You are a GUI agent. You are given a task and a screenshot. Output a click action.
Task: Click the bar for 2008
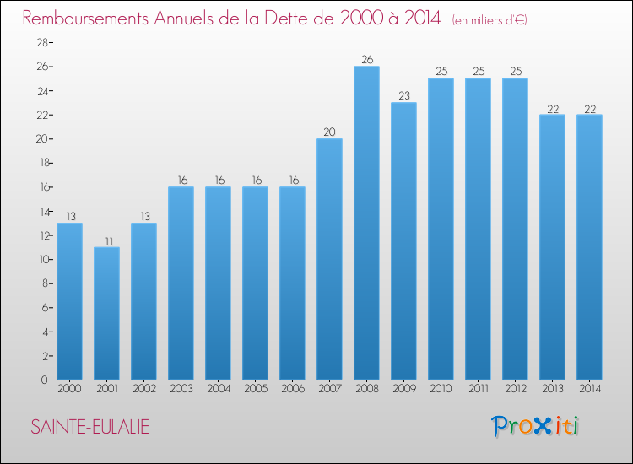point(366,223)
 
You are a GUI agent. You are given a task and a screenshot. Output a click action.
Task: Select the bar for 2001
point(106,313)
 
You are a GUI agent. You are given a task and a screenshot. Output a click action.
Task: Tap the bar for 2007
point(329,259)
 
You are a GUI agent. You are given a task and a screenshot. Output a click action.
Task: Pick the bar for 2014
point(589,247)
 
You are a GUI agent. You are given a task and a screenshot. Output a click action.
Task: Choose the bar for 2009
point(403,241)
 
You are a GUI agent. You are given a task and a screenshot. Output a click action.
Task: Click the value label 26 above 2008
point(366,59)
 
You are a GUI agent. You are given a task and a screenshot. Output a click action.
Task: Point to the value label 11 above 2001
point(106,240)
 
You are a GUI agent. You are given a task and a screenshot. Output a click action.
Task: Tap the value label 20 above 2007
point(329,132)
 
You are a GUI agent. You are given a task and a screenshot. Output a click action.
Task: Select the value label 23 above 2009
point(403,95)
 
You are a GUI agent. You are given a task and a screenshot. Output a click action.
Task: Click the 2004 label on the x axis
point(218,390)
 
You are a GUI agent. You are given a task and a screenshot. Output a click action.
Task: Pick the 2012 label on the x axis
point(515,390)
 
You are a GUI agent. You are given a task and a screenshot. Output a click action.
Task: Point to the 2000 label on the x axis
point(69,390)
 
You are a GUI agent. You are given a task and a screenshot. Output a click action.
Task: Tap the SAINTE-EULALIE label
point(90,428)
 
